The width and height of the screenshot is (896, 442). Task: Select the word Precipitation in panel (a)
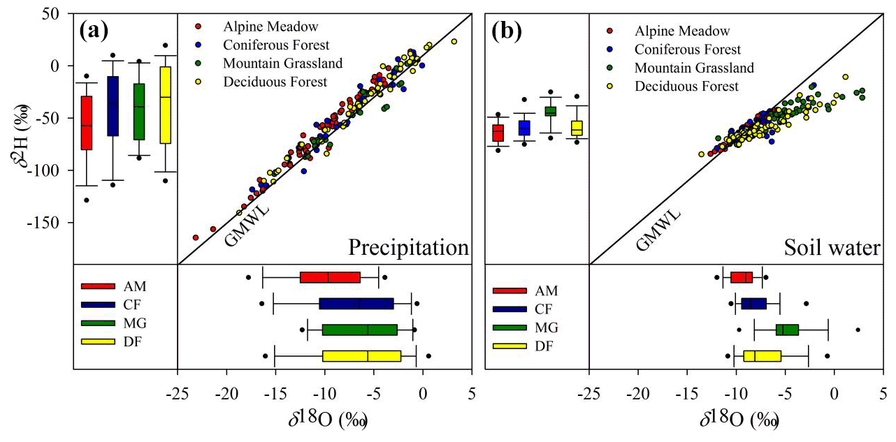point(408,248)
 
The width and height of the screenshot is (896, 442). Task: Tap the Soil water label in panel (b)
point(832,248)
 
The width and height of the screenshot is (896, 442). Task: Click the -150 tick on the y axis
point(50,223)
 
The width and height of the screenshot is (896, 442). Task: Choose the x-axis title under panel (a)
point(324,420)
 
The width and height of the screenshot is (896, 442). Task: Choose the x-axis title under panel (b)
point(735,420)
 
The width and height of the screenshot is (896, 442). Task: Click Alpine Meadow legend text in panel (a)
point(270,27)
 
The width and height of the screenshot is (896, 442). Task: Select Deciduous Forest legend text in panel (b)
point(686,87)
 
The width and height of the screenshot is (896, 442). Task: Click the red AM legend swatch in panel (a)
point(99,286)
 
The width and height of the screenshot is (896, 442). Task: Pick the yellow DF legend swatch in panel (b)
point(510,346)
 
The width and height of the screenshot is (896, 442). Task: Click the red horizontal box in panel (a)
point(330,277)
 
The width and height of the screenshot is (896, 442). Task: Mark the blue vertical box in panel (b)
point(524,128)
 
